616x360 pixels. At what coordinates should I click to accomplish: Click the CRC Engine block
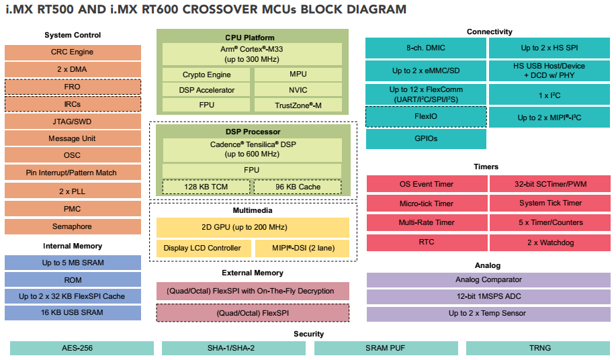[x=73, y=52]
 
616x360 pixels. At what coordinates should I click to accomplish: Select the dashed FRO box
[x=73, y=87]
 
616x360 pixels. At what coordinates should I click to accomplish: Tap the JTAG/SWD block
[x=73, y=122]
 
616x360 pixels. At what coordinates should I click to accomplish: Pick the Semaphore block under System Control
[x=73, y=226]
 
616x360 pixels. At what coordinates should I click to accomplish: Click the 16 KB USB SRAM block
[x=73, y=313]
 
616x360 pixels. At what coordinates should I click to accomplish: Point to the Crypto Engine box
[x=206, y=75]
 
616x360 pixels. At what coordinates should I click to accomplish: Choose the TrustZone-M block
[x=298, y=105]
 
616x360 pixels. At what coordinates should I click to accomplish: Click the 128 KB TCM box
[x=206, y=187]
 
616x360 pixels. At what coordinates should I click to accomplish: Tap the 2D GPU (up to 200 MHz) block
[x=253, y=227]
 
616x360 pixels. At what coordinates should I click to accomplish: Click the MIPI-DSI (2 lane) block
[x=302, y=249]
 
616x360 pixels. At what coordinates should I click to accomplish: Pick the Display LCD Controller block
[x=202, y=249]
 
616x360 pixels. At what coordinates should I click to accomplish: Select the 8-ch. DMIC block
[x=426, y=48]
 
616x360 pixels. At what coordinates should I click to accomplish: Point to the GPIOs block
[x=426, y=139]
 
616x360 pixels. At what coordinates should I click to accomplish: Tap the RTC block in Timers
[x=426, y=242]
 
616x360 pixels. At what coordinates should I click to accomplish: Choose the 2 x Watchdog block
[x=550, y=242]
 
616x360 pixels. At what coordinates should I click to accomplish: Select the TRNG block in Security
[x=539, y=348]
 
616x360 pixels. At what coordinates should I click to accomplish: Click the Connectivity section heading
[x=489, y=32]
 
